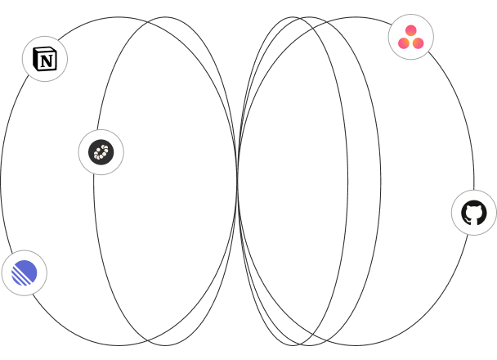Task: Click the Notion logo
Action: coord(45,59)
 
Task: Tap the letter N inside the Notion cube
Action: coord(47,61)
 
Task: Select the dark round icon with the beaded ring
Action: coord(101,152)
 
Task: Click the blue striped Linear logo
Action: coord(25,272)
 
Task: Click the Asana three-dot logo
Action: coord(410,38)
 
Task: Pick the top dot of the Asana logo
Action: coord(410,31)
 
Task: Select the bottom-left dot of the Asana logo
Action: coord(404,43)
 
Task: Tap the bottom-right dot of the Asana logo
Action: coord(418,43)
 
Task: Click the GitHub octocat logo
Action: coord(474,213)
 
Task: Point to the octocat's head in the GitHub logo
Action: coord(474,210)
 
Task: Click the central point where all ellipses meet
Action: coord(237,181)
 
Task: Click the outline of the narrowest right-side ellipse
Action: coord(347,181)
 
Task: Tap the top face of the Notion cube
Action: coord(43,50)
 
